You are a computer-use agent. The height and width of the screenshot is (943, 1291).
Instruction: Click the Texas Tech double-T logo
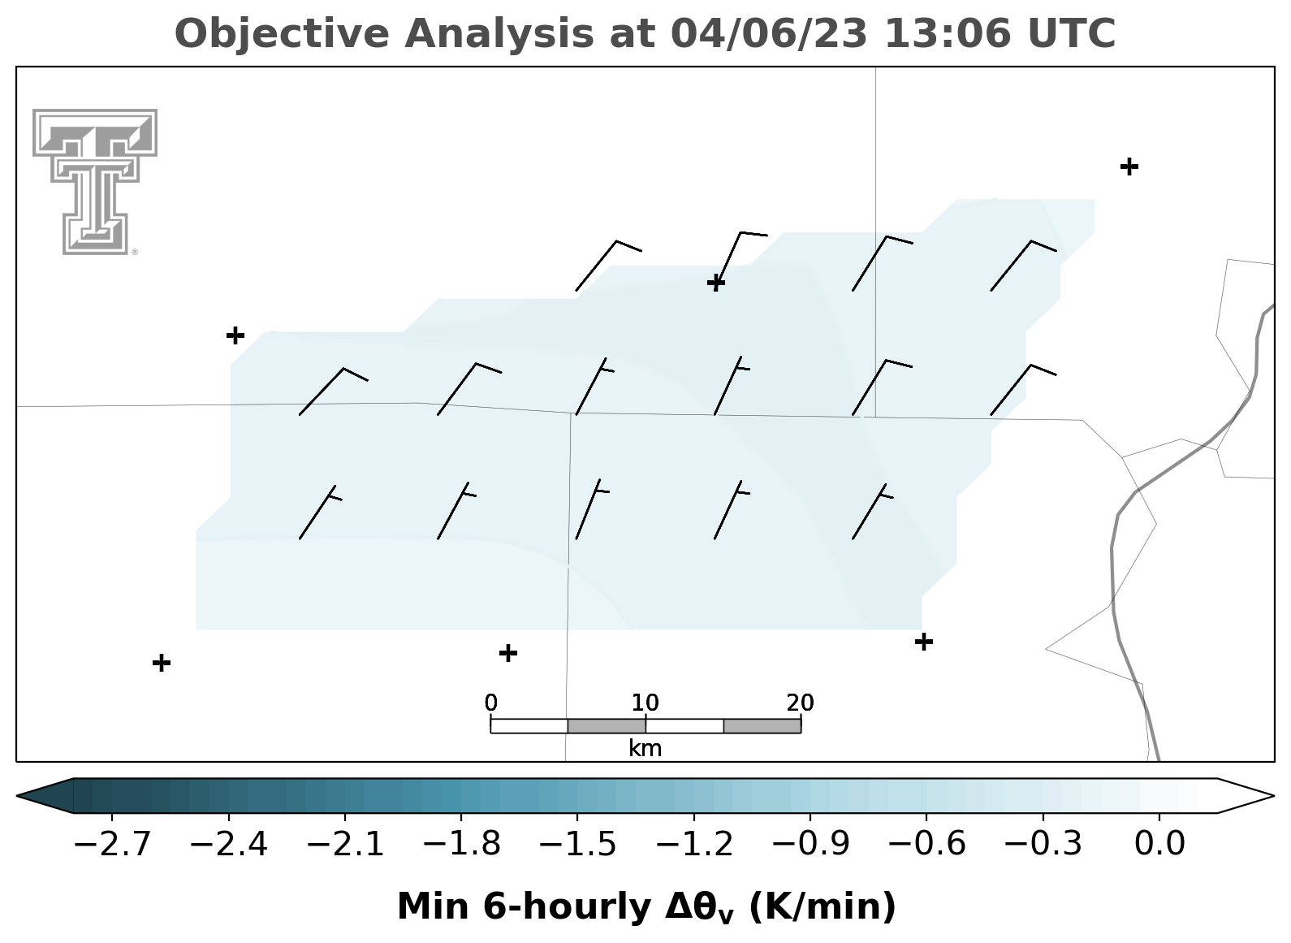point(95,181)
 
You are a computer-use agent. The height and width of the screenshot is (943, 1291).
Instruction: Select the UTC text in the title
point(1072,33)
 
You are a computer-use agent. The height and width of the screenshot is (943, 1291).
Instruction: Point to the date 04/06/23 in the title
point(769,33)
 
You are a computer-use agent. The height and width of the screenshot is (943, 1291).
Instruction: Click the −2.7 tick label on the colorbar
point(112,844)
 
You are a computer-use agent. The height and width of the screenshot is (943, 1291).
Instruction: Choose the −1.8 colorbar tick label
point(461,844)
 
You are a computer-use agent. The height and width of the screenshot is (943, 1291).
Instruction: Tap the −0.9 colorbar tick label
point(810,844)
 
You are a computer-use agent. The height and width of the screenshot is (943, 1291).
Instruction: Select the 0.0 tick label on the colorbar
point(1159,844)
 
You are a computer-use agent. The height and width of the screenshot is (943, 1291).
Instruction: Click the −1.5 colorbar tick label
point(577,844)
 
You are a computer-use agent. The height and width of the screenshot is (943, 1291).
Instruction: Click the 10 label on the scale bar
point(645,703)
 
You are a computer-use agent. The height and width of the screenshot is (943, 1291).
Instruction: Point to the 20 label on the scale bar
point(800,703)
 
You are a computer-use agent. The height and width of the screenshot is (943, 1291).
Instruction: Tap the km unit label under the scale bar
point(645,749)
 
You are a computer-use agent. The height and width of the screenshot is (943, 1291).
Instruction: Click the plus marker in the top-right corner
point(1129,167)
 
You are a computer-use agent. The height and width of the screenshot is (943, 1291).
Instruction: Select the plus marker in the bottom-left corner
point(162,663)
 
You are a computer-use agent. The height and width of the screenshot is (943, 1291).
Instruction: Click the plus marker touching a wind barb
point(716,283)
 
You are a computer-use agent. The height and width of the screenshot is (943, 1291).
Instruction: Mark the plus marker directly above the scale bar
point(507,654)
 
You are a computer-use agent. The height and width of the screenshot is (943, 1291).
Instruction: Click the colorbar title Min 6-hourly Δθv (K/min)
point(646,906)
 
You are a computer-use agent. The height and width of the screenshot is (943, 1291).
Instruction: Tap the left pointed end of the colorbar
point(17,796)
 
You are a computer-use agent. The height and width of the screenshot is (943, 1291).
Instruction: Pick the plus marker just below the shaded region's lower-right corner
point(924,642)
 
